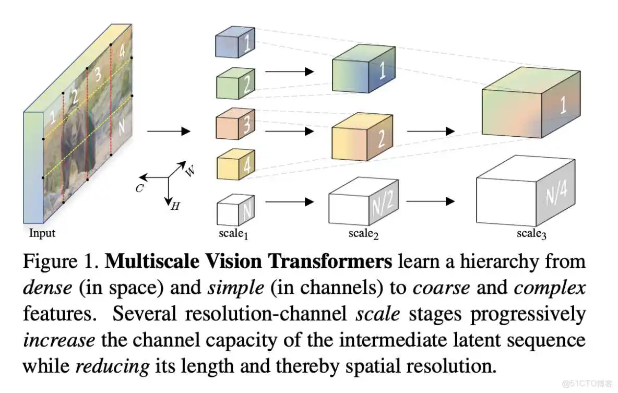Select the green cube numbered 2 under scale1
[235, 84]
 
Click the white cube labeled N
[235, 209]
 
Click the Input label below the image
[42, 233]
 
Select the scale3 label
[531, 234]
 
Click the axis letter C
[139, 188]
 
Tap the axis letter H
[175, 207]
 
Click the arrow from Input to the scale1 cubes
[168, 131]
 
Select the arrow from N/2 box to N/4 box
[430, 201]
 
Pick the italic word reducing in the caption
[112, 366]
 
